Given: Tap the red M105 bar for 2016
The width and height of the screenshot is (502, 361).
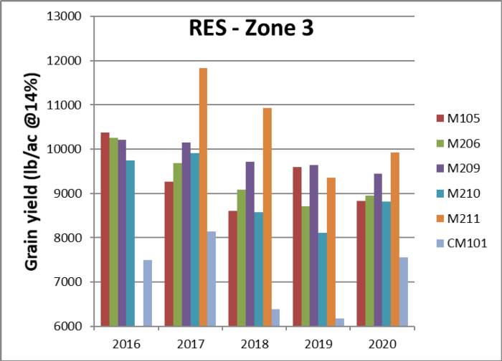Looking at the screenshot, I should [x=105, y=229].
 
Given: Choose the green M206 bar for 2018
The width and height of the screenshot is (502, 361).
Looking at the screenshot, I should [x=240, y=258].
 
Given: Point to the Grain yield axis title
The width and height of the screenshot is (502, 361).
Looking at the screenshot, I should [x=32, y=172].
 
